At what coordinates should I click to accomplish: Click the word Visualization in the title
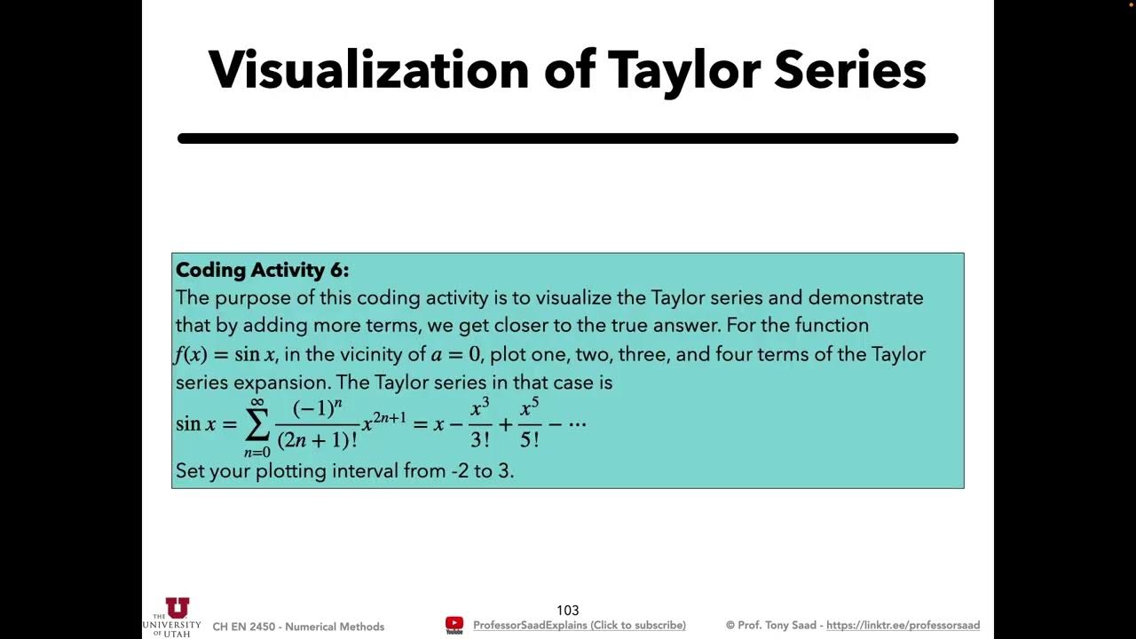click(x=369, y=69)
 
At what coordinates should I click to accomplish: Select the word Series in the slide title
click(x=849, y=69)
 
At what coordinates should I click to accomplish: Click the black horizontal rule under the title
click(x=568, y=138)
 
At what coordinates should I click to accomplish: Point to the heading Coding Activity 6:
click(x=263, y=270)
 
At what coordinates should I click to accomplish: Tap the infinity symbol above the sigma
click(x=257, y=402)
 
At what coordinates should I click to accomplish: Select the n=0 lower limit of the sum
click(x=257, y=453)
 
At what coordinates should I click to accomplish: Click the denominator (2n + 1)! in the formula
click(x=317, y=438)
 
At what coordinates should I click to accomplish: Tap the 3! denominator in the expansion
click(x=480, y=439)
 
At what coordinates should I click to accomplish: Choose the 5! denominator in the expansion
click(x=530, y=439)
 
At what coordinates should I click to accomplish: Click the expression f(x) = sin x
click(x=225, y=355)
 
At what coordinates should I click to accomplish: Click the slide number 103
click(x=568, y=610)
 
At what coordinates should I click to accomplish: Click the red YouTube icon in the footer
click(x=454, y=624)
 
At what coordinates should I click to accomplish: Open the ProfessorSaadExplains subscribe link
click(x=579, y=626)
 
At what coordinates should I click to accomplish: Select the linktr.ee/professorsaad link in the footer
click(x=903, y=626)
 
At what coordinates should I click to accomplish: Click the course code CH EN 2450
click(x=244, y=627)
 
